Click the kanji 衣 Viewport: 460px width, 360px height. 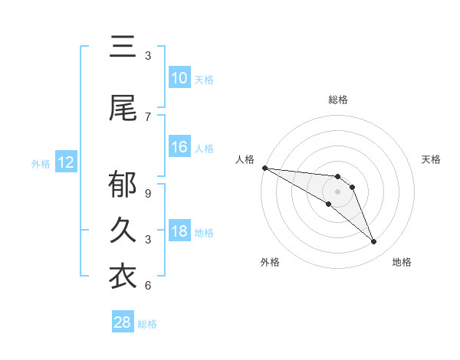(x=123, y=276)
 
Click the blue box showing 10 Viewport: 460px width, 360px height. (x=179, y=78)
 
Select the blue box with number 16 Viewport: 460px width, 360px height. (x=179, y=148)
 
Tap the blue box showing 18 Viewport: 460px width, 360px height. (x=179, y=232)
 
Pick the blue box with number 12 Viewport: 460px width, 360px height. (x=66, y=162)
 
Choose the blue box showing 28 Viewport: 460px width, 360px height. (x=123, y=322)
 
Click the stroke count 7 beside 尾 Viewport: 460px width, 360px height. (x=148, y=116)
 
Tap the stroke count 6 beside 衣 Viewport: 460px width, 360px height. (x=148, y=285)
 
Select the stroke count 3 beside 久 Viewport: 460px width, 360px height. (x=148, y=239)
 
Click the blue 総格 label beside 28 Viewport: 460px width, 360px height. (x=147, y=324)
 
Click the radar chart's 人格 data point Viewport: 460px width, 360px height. (x=264, y=168)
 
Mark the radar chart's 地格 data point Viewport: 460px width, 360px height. (x=373, y=242)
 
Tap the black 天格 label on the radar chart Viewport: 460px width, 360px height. (x=432, y=159)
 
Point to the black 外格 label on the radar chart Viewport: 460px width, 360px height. (x=270, y=262)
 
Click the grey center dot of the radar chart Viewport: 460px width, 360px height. (x=337, y=191)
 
